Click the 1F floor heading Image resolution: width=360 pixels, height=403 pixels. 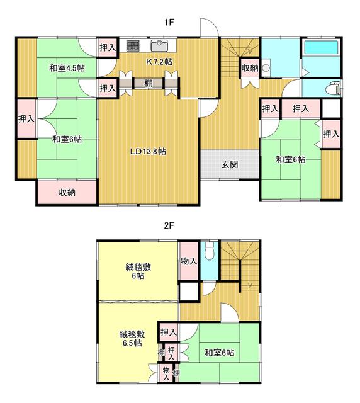coord(169,22)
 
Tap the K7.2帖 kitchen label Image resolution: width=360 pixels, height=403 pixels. coord(159,62)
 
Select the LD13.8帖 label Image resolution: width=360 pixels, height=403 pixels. coord(149,151)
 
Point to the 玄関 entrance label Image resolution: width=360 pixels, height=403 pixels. coord(229,165)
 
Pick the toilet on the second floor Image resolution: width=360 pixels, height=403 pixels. coord(211,252)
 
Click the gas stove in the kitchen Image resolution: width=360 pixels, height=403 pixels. coord(133,45)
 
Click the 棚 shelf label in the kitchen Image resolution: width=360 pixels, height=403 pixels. coord(147,83)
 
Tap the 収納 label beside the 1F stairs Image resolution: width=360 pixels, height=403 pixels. coord(249,68)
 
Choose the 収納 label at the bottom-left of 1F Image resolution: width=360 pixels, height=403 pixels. coord(67,193)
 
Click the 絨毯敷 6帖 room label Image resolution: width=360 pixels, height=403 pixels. coord(137,271)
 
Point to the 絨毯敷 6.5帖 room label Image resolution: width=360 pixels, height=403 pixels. coord(132,338)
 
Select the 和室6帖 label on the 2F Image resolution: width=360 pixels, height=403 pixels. coord(219,353)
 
